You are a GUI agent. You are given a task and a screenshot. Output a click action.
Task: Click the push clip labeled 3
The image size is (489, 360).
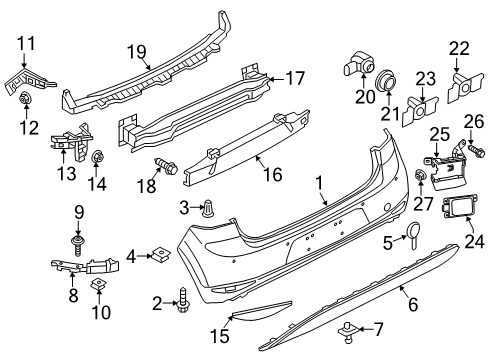tap(209, 210)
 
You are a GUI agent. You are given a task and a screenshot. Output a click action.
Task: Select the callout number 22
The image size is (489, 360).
tap(459, 49)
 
